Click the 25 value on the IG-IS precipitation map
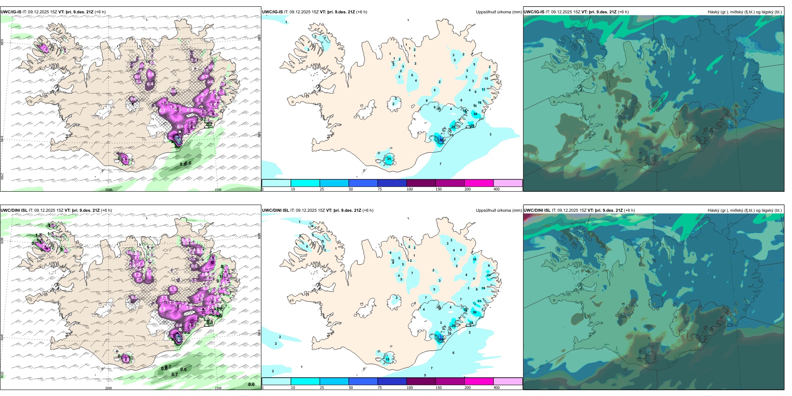389,159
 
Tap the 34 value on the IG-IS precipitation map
475,114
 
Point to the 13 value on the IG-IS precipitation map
483,90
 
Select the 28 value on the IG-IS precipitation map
454,127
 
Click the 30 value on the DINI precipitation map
474,312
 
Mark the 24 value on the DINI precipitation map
489,275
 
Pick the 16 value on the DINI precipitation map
474,259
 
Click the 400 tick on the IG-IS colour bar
496,189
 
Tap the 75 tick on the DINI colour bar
380,388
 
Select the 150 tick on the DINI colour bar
439,388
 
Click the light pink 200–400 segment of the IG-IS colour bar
508,183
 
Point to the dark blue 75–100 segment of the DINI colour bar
392,381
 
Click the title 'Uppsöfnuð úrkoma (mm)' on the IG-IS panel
499,12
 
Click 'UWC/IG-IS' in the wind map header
11,12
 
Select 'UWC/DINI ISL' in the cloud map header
537,211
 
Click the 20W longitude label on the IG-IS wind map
108,190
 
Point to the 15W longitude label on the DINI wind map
218,388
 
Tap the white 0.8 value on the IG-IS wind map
150,75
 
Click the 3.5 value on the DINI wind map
212,259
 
